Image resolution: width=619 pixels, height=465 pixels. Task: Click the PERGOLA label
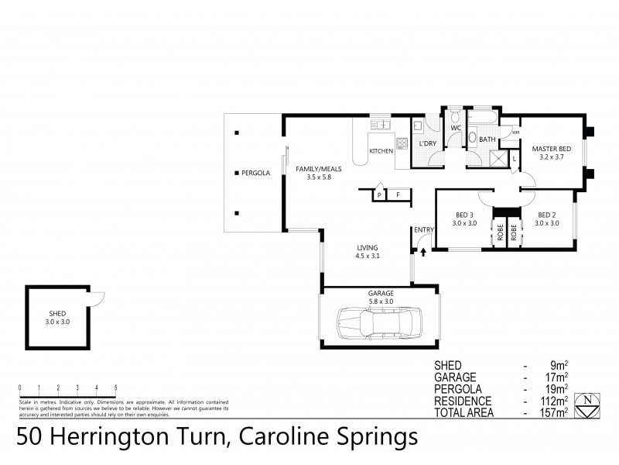(x=255, y=173)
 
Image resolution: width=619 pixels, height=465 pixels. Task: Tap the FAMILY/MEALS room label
(x=313, y=168)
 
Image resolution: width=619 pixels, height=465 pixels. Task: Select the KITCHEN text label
(x=381, y=150)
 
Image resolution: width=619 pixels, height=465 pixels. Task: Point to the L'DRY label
(x=427, y=145)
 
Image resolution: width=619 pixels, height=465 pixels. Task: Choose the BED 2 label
(x=547, y=215)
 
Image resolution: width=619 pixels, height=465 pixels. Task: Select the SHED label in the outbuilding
(x=58, y=312)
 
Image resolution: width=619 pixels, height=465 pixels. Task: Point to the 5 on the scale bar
(x=115, y=387)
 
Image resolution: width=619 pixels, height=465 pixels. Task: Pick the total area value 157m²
(x=556, y=413)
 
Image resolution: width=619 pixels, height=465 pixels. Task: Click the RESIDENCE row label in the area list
(x=463, y=401)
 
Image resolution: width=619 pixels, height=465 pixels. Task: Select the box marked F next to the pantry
(x=398, y=195)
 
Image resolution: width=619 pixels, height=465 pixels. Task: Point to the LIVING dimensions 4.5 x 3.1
(x=368, y=255)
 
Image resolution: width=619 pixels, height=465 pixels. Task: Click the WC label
(x=456, y=128)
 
